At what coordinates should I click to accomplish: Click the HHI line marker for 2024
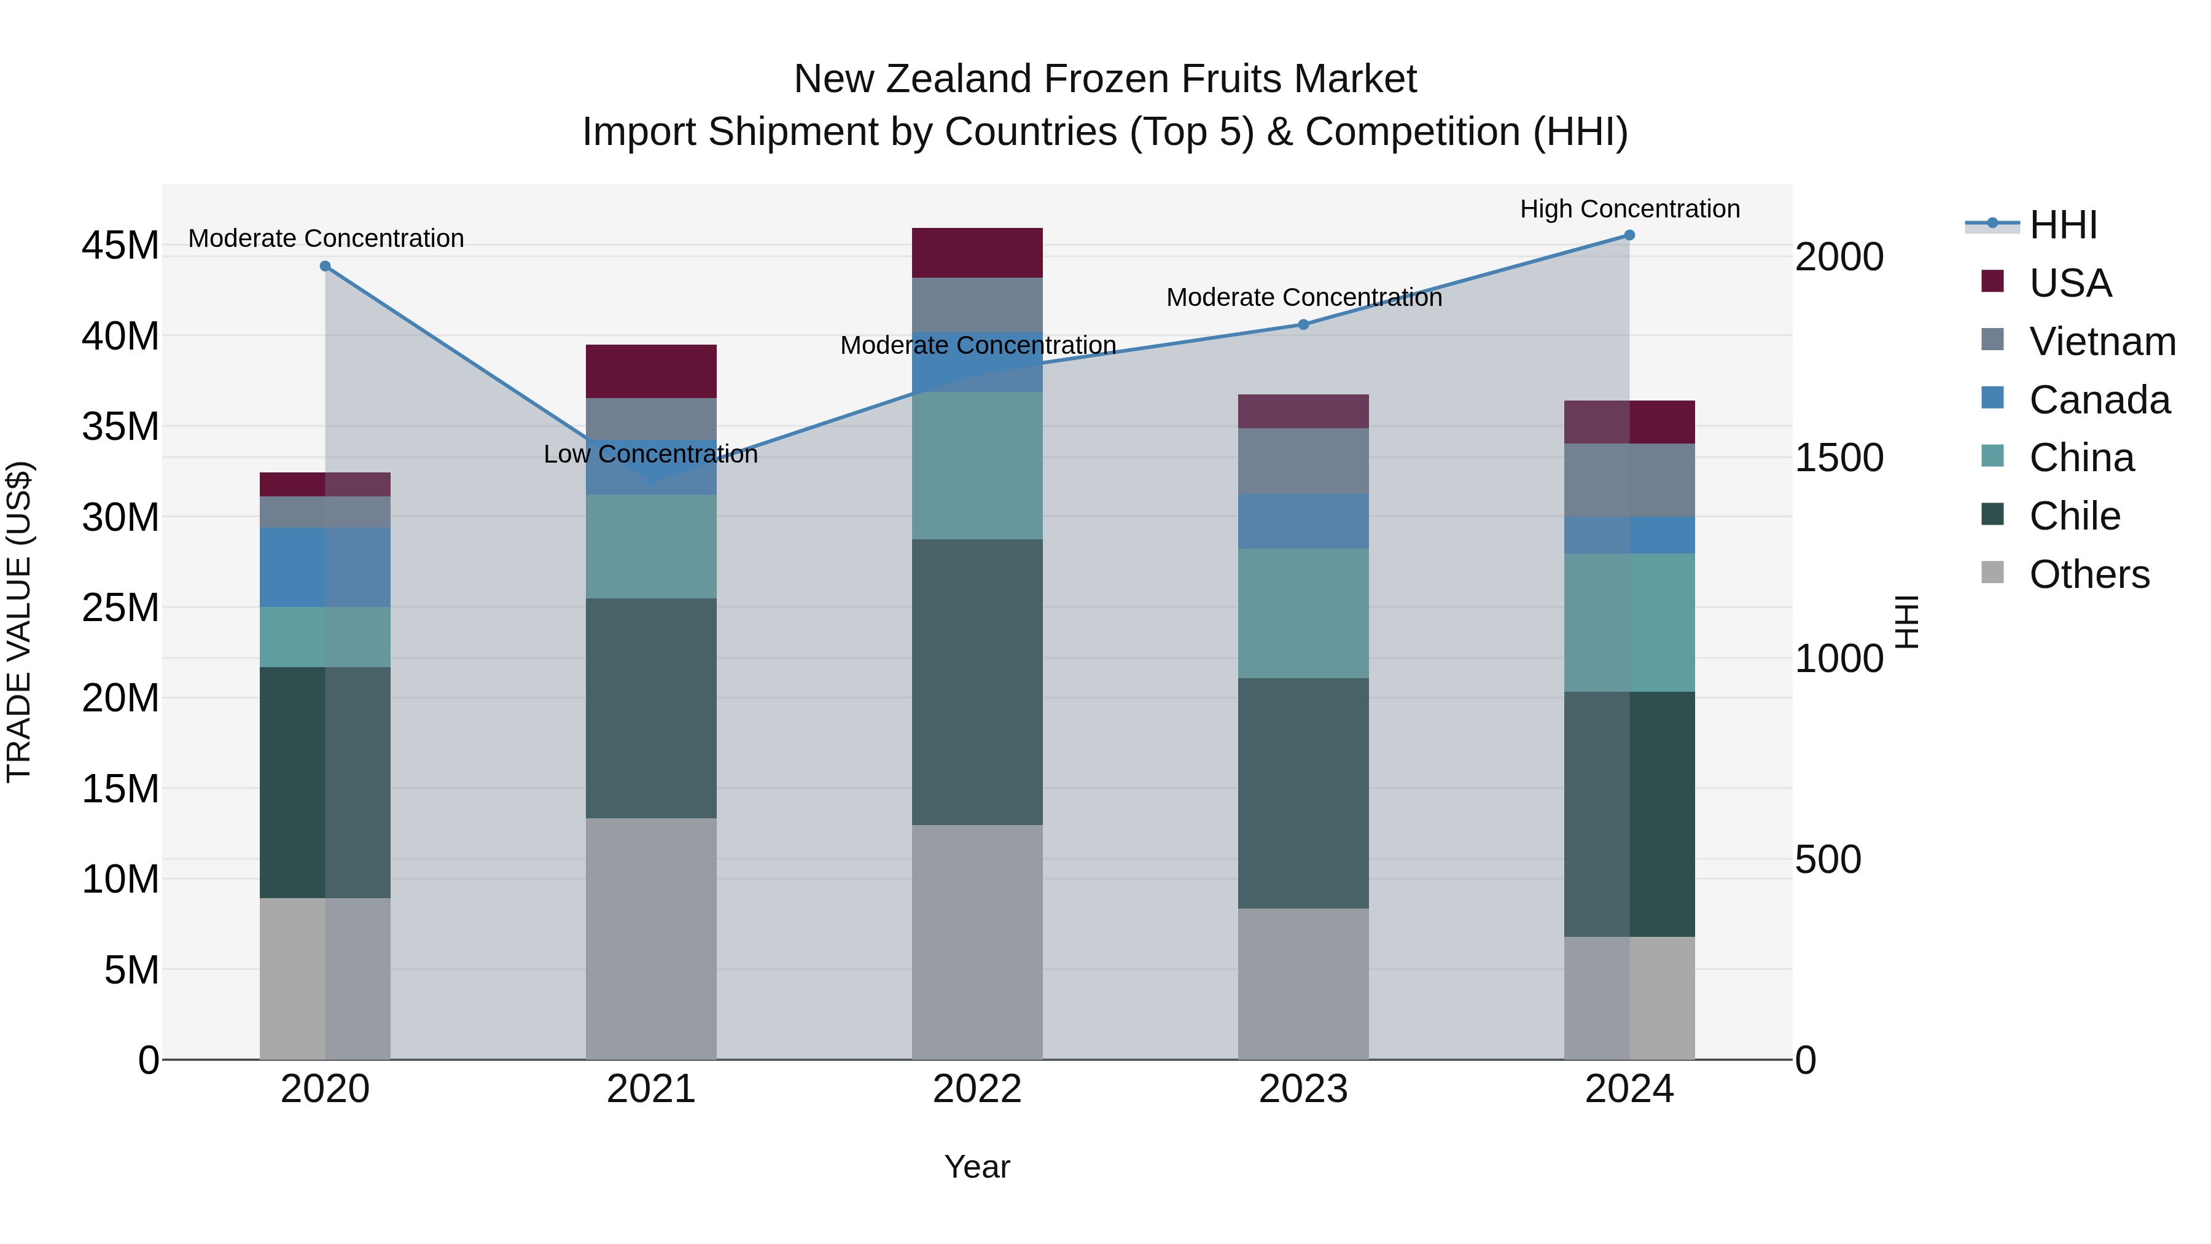click(x=1629, y=235)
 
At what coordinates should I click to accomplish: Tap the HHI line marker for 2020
click(x=326, y=266)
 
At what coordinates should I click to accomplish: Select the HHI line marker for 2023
click(x=1303, y=324)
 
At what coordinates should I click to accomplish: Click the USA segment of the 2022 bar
click(x=977, y=252)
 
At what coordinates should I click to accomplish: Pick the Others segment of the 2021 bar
click(x=650, y=938)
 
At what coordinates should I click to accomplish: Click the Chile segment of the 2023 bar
click(x=1303, y=793)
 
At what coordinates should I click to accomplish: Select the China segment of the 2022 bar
click(x=977, y=465)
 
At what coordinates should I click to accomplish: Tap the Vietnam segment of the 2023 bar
click(x=1303, y=461)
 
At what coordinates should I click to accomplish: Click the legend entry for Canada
click(x=2099, y=400)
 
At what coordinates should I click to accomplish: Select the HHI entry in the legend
click(x=2062, y=225)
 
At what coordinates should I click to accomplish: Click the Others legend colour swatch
click(x=1992, y=573)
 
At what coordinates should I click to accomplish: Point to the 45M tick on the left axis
click(x=120, y=246)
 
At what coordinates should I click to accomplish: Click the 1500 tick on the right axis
click(x=1838, y=458)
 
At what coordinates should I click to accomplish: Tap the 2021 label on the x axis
click(x=650, y=1089)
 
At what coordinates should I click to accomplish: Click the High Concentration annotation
click(x=1629, y=209)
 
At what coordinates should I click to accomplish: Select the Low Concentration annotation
click(x=650, y=454)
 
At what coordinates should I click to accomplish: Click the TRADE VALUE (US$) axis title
click(x=19, y=622)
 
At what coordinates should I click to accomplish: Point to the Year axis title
click(x=977, y=1167)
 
